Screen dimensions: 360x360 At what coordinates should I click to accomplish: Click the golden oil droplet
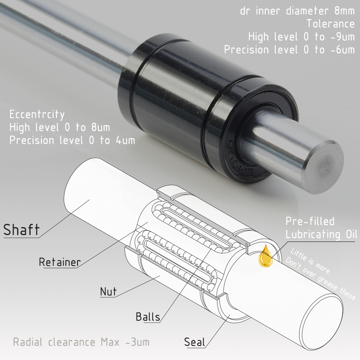click(266, 257)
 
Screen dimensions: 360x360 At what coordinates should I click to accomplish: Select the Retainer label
click(60, 262)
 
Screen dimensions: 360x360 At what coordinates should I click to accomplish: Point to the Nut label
click(108, 292)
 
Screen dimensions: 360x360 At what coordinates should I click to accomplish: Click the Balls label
click(148, 317)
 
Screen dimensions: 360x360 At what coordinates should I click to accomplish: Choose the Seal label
click(194, 342)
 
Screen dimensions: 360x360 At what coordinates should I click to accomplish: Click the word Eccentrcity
click(37, 114)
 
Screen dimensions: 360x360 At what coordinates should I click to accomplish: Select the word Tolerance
click(330, 24)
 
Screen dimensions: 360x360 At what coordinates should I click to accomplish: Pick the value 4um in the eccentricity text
click(125, 140)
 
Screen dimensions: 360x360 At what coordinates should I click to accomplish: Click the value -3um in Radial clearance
click(137, 342)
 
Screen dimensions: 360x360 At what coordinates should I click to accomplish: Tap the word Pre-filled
click(310, 221)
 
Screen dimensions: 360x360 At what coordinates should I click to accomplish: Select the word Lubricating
click(313, 234)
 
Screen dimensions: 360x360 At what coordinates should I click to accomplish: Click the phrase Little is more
click(310, 261)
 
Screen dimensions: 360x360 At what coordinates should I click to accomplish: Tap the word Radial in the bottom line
click(28, 342)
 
